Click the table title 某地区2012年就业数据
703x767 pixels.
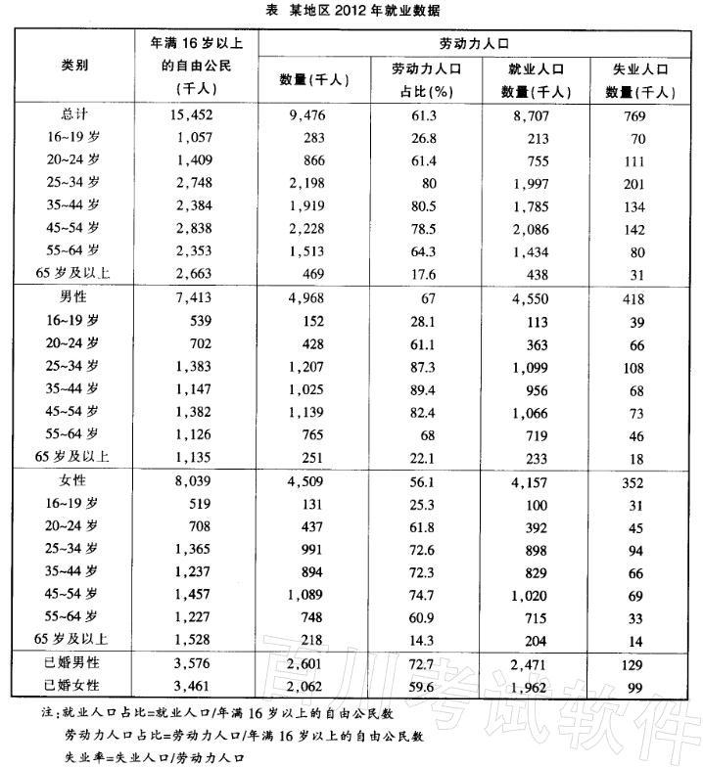(x=351, y=11)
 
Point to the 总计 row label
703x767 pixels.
(x=74, y=114)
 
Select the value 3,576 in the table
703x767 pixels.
(x=196, y=666)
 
